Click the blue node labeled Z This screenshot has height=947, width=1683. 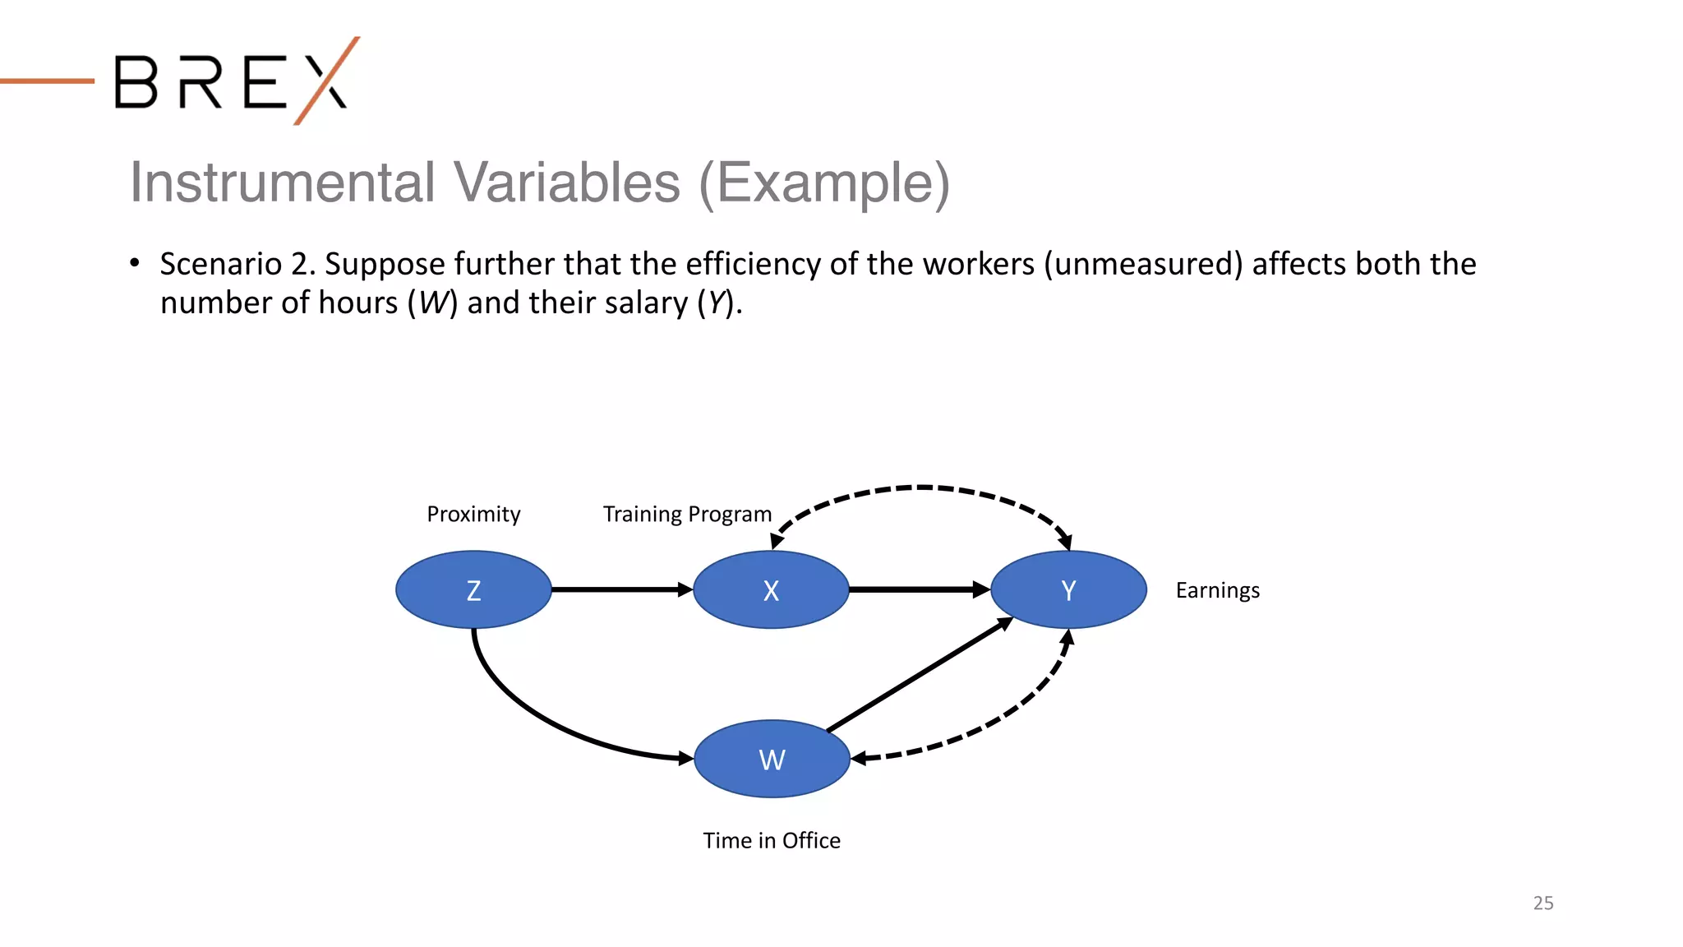[473, 589]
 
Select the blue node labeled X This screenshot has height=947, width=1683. [771, 589]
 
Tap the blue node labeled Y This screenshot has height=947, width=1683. [1068, 589]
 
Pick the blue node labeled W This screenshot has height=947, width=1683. [772, 759]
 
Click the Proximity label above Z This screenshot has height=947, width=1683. [473, 514]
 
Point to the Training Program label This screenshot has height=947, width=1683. [687, 514]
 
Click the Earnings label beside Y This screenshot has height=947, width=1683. [1217, 590]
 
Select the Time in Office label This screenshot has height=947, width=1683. [772, 840]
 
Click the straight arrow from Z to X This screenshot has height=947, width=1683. [620, 589]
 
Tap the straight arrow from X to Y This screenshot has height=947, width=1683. [916, 589]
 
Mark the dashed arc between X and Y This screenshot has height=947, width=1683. [920, 487]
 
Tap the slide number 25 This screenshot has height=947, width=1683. [1542, 903]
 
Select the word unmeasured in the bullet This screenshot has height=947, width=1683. [1143, 264]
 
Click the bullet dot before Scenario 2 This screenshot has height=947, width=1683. [135, 263]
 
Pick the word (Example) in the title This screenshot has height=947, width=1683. [823, 182]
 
